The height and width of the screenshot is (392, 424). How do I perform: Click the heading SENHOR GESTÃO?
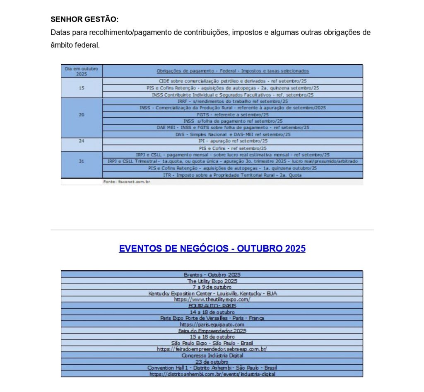point(84,19)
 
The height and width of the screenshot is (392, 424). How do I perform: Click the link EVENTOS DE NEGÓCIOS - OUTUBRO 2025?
point(212,249)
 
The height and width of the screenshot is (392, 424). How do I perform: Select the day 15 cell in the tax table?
point(82,88)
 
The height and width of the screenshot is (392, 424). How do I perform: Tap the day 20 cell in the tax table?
point(82,114)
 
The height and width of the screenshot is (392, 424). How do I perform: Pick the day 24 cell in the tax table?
point(82,141)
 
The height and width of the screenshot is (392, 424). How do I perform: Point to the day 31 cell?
point(82,161)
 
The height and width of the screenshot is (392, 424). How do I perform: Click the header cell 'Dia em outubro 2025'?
point(82,71)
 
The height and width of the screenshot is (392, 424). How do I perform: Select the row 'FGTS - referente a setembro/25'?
point(233,114)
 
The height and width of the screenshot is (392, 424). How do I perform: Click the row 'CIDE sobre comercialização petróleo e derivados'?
point(233,81)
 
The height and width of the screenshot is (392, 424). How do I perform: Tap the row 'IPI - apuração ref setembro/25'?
point(233,141)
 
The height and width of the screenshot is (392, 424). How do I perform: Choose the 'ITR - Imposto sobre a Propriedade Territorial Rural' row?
point(233,175)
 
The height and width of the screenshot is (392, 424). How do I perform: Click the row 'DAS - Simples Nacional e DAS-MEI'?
point(233,134)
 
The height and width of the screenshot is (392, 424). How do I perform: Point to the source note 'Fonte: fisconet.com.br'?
point(126,181)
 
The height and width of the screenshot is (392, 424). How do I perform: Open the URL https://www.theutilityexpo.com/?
point(212,299)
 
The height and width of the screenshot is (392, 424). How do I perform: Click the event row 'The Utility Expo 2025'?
point(212,281)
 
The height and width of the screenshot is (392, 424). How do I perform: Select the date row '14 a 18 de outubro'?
point(212,312)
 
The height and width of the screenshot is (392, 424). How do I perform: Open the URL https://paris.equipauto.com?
point(212,324)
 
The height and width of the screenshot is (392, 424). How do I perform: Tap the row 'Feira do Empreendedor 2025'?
point(212,331)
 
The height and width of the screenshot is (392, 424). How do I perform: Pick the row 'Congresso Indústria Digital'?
point(212,356)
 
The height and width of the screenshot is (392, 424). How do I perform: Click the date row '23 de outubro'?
point(212,362)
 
